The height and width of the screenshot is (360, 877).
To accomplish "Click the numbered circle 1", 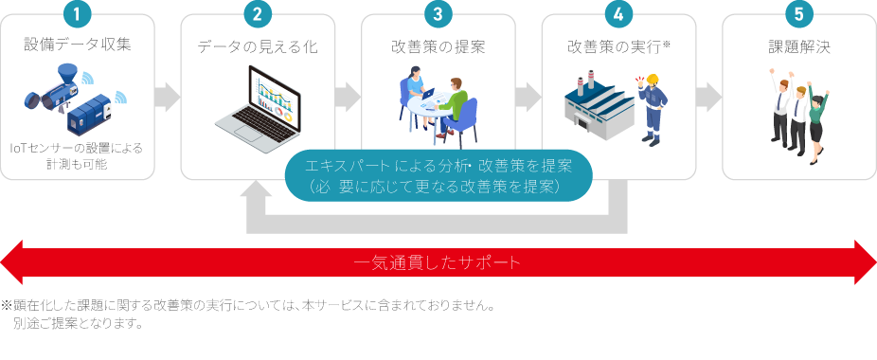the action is pyautogui.click(x=77, y=14).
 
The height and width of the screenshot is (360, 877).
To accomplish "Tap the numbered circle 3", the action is pyautogui.click(x=438, y=14).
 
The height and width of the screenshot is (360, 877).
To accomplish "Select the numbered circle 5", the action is pyautogui.click(x=799, y=14).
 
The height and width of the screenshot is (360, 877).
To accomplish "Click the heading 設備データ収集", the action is pyautogui.click(x=77, y=45).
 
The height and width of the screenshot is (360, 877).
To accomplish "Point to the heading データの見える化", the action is pyautogui.click(x=258, y=47).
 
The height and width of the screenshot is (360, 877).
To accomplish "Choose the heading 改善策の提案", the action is pyautogui.click(x=438, y=47).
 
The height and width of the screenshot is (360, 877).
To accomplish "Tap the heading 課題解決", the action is pyautogui.click(x=799, y=47).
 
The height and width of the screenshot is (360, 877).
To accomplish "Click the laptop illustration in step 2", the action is pyautogui.click(x=259, y=109).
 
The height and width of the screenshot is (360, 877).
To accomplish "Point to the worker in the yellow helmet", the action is pyautogui.click(x=652, y=109).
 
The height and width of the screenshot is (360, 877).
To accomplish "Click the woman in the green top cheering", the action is pyautogui.click(x=816, y=123).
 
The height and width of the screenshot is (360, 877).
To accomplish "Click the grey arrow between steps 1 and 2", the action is pyautogui.click(x=168, y=97).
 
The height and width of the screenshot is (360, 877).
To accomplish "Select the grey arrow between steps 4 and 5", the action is pyautogui.click(x=708, y=97).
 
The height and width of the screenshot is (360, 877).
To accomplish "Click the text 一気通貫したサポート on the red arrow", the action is pyautogui.click(x=438, y=262).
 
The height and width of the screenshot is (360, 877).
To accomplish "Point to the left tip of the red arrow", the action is pyautogui.click(x=1, y=262).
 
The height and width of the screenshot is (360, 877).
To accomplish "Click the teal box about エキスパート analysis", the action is pyautogui.click(x=438, y=174).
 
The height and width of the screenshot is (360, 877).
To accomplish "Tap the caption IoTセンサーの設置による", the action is pyautogui.click(x=77, y=149).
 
